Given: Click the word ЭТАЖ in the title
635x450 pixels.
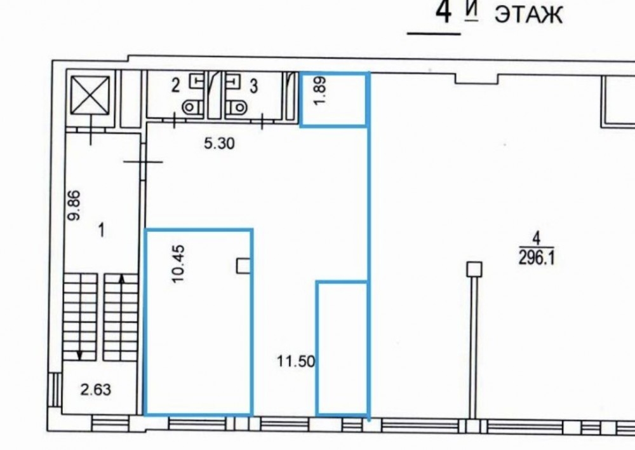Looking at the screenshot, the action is pyautogui.click(x=528, y=15).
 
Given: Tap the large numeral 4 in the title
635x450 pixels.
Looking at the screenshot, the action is pyautogui.click(x=443, y=12).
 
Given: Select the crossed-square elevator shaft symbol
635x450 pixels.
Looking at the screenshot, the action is pyautogui.click(x=90, y=95).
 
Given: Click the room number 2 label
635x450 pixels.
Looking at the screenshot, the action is pyautogui.click(x=175, y=86).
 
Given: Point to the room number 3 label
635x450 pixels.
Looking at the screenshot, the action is pyautogui.click(x=253, y=86).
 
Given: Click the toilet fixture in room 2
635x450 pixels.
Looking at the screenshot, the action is pyautogui.click(x=192, y=107).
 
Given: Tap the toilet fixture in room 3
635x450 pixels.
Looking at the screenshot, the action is pyautogui.click(x=236, y=107).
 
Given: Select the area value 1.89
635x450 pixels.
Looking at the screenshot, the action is pyautogui.click(x=320, y=92).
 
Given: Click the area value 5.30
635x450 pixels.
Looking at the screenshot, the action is pyautogui.click(x=219, y=144).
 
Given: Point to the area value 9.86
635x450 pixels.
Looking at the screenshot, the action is pyautogui.click(x=74, y=205).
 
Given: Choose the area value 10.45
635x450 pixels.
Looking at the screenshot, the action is pyautogui.click(x=178, y=264).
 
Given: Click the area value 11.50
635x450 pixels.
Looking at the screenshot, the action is pyautogui.click(x=296, y=361).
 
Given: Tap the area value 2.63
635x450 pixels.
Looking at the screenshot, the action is pyautogui.click(x=96, y=390).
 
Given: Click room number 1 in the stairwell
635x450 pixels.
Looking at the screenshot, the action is pyautogui.click(x=101, y=231).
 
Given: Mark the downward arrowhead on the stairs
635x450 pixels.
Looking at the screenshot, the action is pyautogui.click(x=80, y=355).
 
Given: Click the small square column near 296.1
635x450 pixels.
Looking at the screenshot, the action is pyautogui.click(x=474, y=269).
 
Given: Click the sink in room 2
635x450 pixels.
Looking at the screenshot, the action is pyautogui.click(x=197, y=81).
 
